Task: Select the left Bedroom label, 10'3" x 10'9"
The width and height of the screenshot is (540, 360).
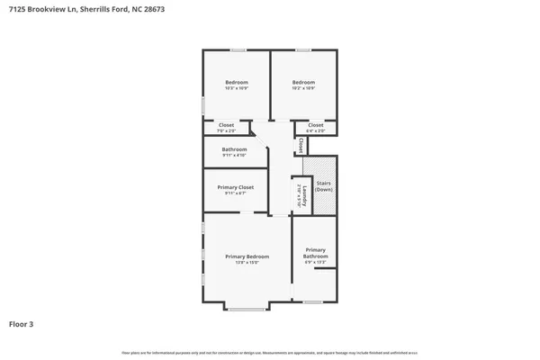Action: [x=236, y=83]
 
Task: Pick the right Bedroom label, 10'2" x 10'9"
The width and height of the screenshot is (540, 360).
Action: [x=303, y=83]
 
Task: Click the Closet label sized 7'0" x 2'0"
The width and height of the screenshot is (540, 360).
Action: [x=226, y=125]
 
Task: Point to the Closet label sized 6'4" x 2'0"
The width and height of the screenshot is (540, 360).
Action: [x=316, y=125]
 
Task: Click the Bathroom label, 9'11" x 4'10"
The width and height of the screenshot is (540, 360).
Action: [x=235, y=149]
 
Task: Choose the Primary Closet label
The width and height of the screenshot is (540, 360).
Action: [x=235, y=187]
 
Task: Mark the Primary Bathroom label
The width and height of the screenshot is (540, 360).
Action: [x=315, y=253]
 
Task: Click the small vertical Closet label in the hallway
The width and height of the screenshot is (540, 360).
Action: [x=300, y=144]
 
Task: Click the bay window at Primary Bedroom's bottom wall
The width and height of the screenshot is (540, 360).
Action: [x=247, y=309]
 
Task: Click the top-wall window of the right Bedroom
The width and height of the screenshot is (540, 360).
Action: [x=304, y=49]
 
